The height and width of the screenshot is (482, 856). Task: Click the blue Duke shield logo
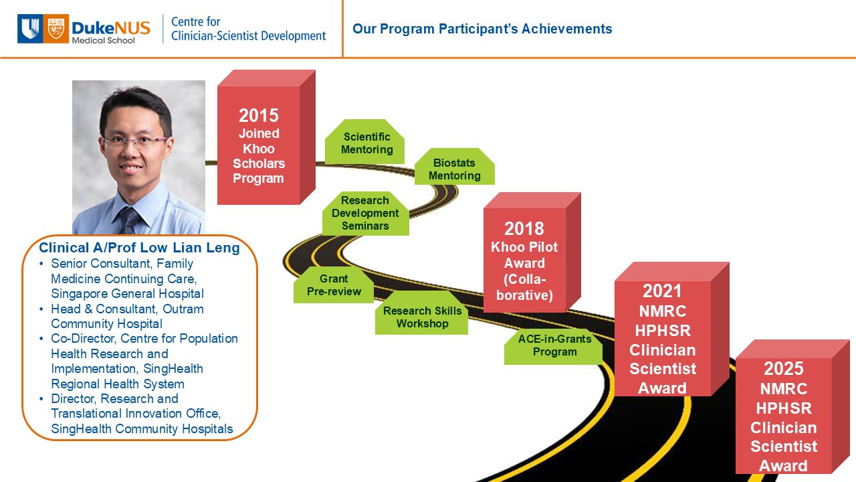coord(30,29)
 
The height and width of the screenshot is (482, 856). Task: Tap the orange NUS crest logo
coord(56,29)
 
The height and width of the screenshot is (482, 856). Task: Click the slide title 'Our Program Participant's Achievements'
coord(482,29)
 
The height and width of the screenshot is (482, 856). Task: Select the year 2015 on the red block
coord(259,116)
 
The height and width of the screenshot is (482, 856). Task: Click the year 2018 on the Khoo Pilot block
coord(524,229)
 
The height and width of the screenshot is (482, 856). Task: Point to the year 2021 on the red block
coord(662,291)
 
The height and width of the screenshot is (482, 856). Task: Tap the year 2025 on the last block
coord(783,369)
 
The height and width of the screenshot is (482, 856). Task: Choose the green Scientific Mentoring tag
coord(365,141)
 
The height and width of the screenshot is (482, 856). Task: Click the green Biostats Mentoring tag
coord(454,167)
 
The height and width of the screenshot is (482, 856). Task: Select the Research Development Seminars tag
coord(365,213)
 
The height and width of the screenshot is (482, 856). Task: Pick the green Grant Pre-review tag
coord(334,285)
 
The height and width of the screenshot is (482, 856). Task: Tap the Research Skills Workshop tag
coord(421,313)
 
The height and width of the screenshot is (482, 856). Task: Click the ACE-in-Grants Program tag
coord(554,346)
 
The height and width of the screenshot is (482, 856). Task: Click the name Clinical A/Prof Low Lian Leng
coord(140,248)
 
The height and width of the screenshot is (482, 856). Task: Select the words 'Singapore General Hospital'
coord(127,294)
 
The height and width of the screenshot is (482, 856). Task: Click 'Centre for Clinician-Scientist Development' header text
coord(248,29)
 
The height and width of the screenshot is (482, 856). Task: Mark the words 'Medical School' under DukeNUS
coord(103,41)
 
